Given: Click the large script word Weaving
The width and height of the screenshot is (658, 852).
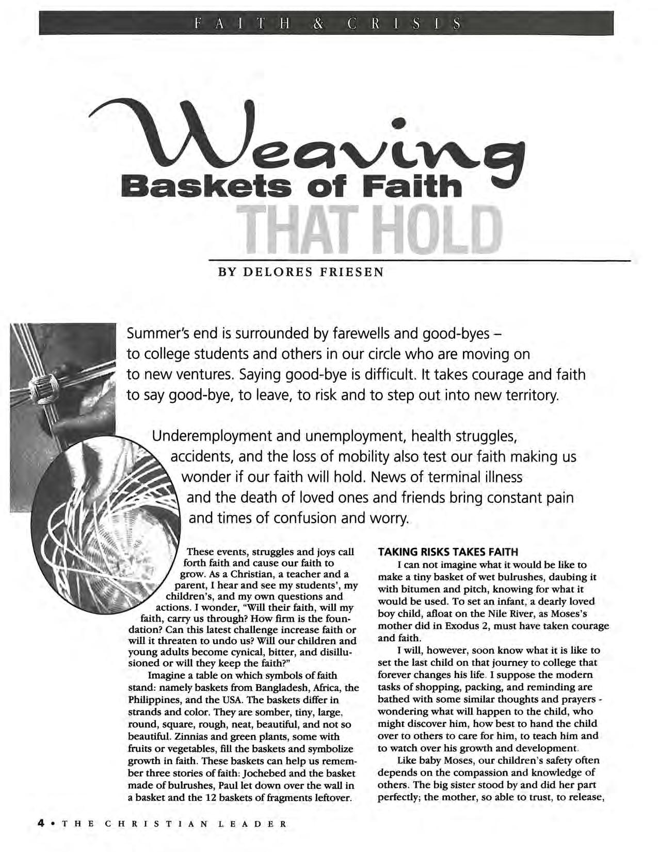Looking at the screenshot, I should click(x=310, y=139).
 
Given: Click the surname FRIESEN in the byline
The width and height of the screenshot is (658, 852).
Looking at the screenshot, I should click(x=352, y=272).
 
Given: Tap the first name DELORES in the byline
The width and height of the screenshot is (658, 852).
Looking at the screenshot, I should click(x=274, y=272).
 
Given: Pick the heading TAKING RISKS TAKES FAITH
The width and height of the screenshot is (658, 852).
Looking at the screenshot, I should click(x=448, y=552).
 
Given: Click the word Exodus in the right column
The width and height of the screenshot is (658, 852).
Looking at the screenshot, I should click(x=492, y=626).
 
